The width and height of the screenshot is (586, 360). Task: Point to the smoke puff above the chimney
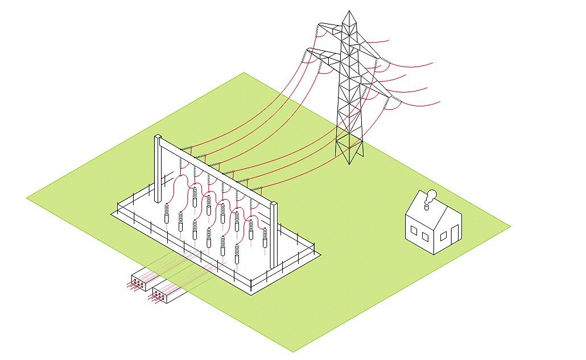point(432,194)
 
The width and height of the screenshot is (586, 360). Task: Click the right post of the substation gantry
point(274,233)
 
